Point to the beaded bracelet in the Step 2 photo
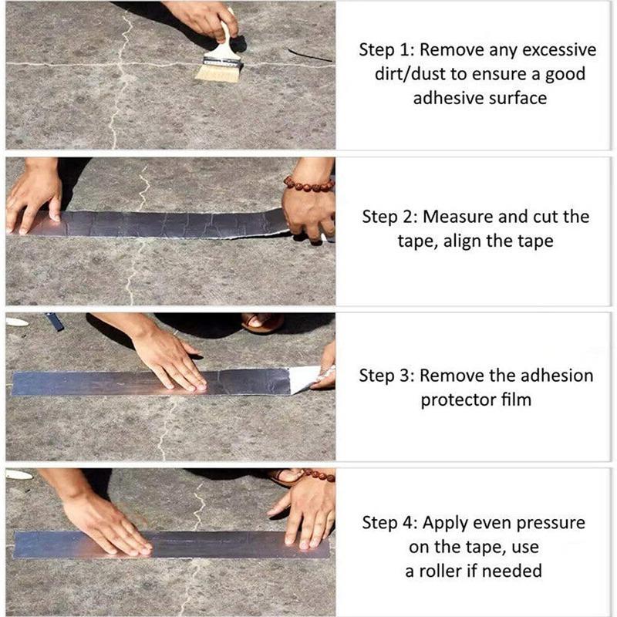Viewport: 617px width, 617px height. click(308, 184)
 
